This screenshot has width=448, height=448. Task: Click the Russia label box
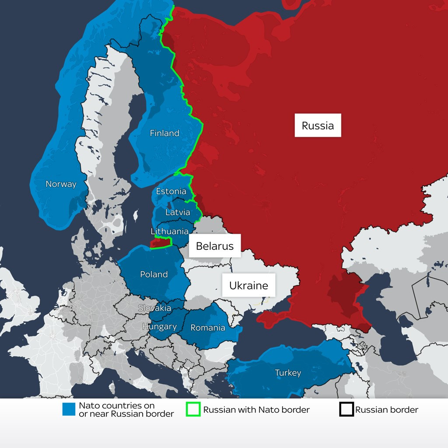(318, 126)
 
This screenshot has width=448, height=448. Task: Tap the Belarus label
(214, 246)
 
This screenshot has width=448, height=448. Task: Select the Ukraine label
(248, 285)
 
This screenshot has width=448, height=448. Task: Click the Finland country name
(164, 133)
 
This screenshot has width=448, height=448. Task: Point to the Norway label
(61, 184)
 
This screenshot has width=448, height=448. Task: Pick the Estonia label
(171, 191)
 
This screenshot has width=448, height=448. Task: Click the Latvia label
(178, 212)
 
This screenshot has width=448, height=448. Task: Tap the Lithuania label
(170, 231)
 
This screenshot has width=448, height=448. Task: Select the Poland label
(154, 274)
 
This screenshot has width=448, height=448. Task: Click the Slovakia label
(154, 308)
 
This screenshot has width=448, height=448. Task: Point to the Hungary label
(159, 326)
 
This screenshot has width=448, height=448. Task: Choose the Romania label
(208, 328)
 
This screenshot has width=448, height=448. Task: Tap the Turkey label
(288, 373)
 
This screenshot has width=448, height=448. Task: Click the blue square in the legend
(69, 409)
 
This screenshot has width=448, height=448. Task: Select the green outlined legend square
(193, 409)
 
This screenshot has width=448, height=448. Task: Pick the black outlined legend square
(346, 409)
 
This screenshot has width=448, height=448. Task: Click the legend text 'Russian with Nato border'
(256, 410)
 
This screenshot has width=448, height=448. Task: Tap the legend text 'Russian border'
(386, 410)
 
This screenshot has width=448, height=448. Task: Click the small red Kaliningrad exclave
(160, 242)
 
